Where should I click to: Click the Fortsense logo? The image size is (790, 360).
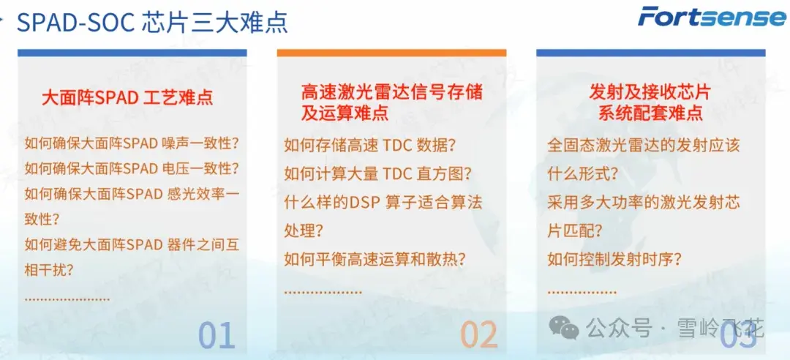[x=711, y=17]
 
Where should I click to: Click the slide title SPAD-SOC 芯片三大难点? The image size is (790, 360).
[x=152, y=22]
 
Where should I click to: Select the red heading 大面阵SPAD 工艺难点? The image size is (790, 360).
[x=127, y=97]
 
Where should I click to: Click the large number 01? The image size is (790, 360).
[x=217, y=336]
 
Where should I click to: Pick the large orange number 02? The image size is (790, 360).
[x=478, y=336]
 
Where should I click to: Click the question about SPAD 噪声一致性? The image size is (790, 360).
[x=132, y=143]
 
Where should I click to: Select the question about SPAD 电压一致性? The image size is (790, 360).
[x=132, y=168]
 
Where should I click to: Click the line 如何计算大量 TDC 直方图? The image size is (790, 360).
[x=377, y=174]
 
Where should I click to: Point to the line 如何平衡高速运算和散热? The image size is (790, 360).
[x=375, y=259]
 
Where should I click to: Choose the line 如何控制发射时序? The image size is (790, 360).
[x=614, y=259]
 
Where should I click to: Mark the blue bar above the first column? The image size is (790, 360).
[x=132, y=53]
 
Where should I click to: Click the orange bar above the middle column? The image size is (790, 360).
[x=391, y=53]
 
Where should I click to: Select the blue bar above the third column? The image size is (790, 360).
[x=650, y=53]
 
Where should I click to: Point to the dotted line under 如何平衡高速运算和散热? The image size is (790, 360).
[x=323, y=292]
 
